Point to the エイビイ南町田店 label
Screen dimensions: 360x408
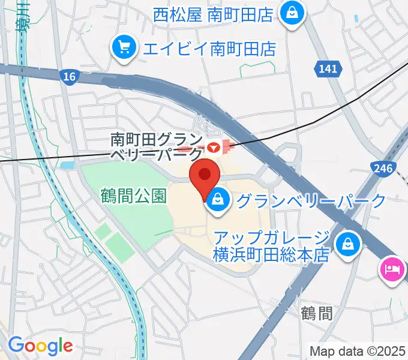[x=209, y=48]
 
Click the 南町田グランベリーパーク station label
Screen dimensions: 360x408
[x=157, y=146]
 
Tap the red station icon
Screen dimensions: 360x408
[x=213, y=146]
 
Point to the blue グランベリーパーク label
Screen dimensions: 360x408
[x=310, y=200]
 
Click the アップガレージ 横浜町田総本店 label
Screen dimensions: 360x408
[x=272, y=245]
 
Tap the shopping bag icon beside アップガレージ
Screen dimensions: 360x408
[x=347, y=244]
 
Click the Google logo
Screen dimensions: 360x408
[x=40, y=346]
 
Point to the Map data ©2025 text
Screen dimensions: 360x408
[x=356, y=350]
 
